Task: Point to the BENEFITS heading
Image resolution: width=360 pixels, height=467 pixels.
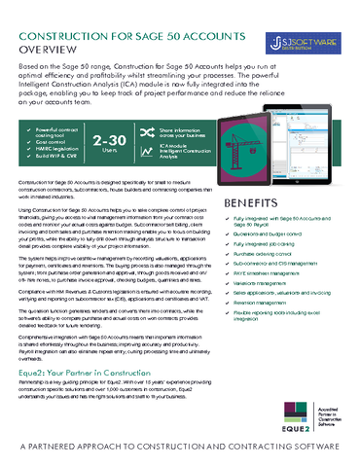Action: click(x=257, y=203)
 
